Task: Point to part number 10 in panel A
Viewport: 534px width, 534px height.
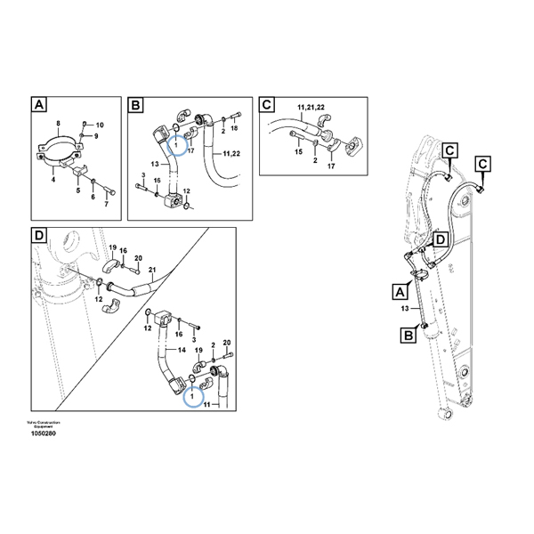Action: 100,125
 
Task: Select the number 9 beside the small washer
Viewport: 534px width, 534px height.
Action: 97,136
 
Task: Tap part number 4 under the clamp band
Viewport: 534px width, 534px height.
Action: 53,179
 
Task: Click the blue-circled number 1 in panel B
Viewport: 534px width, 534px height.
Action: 176,142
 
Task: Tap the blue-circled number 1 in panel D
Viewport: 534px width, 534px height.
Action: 192,396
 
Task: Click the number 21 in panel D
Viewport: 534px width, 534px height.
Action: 151,269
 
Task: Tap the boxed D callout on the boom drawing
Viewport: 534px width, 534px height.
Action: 441,239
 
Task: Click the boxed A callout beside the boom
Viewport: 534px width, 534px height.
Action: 398,290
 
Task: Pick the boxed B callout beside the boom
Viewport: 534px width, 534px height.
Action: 407,335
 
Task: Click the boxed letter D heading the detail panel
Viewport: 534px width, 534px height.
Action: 38,236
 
